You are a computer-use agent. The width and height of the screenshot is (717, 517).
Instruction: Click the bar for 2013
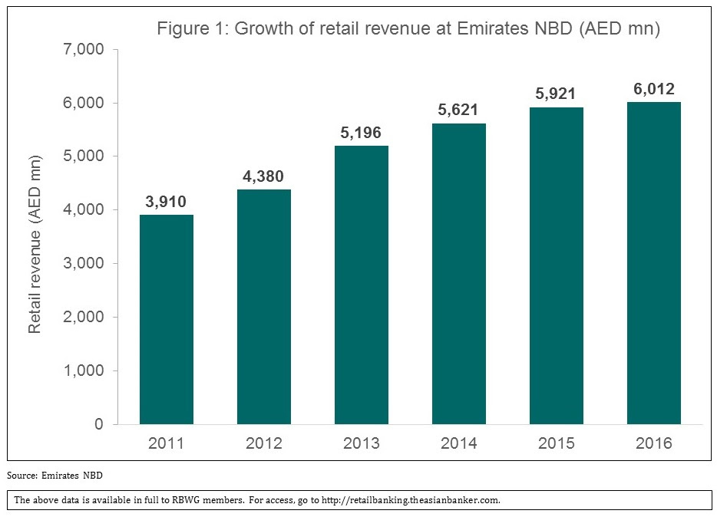click(362, 285)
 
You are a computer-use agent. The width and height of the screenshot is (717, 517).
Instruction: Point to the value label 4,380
click(264, 176)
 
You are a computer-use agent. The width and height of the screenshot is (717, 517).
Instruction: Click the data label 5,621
click(459, 110)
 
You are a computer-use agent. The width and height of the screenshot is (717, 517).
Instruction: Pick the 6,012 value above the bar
click(654, 89)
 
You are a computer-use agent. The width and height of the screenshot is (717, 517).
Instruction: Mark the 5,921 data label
click(557, 94)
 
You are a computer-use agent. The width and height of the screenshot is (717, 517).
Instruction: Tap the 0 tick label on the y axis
click(99, 424)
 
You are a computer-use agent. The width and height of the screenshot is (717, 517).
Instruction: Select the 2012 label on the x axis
click(264, 443)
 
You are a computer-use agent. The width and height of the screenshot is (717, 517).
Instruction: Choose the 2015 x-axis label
click(557, 443)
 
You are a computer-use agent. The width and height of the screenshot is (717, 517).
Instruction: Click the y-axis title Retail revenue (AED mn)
click(35, 243)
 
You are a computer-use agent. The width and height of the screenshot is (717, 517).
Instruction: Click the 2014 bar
click(459, 274)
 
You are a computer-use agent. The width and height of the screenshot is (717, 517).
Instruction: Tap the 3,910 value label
click(167, 202)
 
